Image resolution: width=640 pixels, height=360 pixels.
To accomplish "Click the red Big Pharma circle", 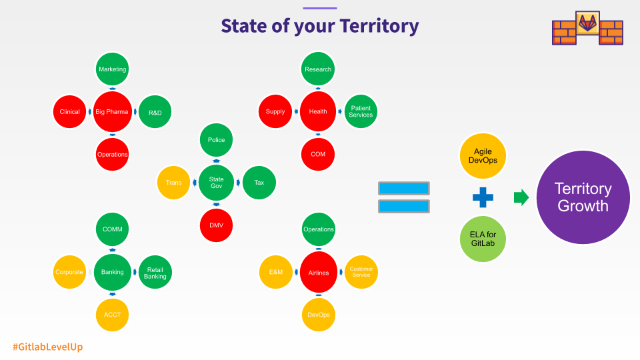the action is pyautogui.click(x=112, y=111).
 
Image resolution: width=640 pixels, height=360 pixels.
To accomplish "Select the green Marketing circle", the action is pyautogui.click(x=112, y=69).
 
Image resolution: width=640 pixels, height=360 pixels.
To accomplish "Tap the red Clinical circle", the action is pyautogui.click(x=70, y=111).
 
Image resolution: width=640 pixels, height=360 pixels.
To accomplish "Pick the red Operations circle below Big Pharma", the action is pyautogui.click(x=112, y=154).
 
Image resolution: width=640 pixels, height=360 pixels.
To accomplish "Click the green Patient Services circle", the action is pyautogui.click(x=361, y=111).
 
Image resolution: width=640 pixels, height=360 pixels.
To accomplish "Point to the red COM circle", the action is pyautogui.click(x=318, y=154).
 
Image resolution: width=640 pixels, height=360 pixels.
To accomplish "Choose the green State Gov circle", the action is pyautogui.click(x=216, y=183).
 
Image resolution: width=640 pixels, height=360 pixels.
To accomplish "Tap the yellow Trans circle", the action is pyautogui.click(x=173, y=183).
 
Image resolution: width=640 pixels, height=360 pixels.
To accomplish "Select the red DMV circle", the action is pyautogui.click(x=216, y=225).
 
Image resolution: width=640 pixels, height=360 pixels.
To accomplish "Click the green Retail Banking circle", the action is pyautogui.click(x=155, y=272).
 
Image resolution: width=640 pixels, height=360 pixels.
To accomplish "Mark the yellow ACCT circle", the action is pyautogui.click(x=112, y=315).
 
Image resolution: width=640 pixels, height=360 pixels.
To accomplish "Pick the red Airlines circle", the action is pyautogui.click(x=319, y=272).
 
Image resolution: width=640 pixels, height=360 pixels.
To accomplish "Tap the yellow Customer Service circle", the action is pyautogui.click(x=361, y=272).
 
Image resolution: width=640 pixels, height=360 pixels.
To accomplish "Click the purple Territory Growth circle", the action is pyautogui.click(x=583, y=197).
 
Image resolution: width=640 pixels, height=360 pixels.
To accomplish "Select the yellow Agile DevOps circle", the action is pyautogui.click(x=483, y=156).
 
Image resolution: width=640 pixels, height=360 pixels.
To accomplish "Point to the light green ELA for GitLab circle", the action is pyautogui.click(x=483, y=239).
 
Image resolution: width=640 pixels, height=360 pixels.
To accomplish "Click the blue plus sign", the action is pyautogui.click(x=483, y=197).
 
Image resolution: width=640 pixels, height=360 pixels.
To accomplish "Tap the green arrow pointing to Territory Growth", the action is pyautogui.click(x=521, y=197).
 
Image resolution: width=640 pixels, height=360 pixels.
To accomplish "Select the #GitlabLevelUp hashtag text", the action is pyautogui.click(x=48, y=347).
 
